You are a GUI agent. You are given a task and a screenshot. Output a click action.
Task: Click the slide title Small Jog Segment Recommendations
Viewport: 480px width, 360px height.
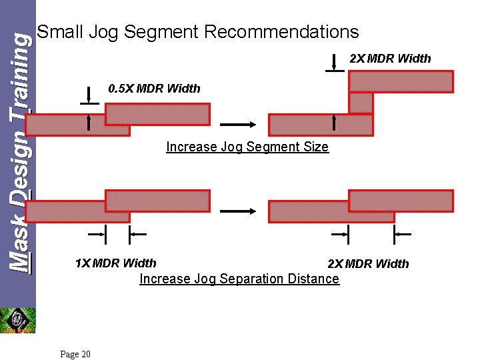[198, 31]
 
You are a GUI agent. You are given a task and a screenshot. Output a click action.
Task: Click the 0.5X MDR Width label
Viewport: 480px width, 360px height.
[154, 89]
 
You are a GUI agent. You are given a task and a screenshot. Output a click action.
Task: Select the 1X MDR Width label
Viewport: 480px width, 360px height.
[115, 263]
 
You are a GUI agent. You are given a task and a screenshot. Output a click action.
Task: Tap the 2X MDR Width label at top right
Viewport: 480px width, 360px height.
[390, 59]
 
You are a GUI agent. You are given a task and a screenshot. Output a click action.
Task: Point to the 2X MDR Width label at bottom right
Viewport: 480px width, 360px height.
[368, 264]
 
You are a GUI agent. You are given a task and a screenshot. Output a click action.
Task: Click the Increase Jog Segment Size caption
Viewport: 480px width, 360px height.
[247, 147]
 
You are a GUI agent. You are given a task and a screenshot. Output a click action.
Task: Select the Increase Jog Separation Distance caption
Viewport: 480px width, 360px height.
[239, 279]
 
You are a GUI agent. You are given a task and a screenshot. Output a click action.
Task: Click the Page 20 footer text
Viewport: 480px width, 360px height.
[75, 354]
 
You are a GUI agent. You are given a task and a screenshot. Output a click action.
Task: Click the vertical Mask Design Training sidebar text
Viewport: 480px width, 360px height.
[18, 153]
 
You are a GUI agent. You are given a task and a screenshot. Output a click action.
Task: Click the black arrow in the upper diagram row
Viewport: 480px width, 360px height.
[238, 124]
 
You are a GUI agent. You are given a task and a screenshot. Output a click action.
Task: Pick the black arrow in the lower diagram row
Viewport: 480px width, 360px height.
[238, 211]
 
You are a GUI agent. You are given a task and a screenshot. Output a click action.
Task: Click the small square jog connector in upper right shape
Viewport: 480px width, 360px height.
[361, 103]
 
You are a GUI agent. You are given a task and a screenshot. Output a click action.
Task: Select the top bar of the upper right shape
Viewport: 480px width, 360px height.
[401, 81]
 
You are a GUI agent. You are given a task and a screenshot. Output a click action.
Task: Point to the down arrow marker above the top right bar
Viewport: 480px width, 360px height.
[334, 63]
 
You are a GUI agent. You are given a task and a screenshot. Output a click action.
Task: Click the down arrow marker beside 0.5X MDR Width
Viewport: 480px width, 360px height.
[89, 95]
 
